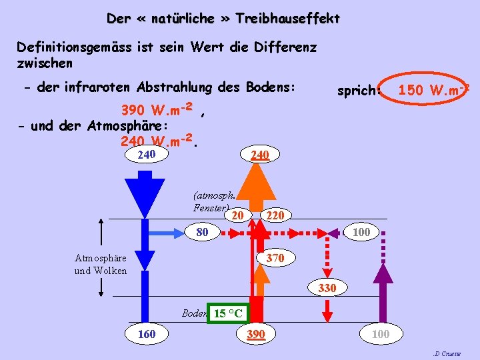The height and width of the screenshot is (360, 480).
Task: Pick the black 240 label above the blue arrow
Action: tap(147, 155)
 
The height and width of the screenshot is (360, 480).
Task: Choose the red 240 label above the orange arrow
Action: tap(259, 155)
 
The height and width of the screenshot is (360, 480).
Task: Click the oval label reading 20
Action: tap(238, 215)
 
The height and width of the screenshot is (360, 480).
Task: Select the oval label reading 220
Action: tap(275, 215)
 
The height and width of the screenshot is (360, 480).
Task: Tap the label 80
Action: tap(203, 233)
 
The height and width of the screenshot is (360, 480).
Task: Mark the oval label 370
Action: tap(275, 257)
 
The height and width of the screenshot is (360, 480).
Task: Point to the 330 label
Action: tap(327, 288)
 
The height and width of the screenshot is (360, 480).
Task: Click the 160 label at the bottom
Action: tap(147, 333)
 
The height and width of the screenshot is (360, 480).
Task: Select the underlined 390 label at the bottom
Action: tap(256, 333)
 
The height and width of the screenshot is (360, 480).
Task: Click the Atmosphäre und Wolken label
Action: tap(101, 264)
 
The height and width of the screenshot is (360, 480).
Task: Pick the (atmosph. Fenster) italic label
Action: tap(213, 202)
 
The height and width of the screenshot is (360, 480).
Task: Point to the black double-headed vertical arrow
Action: tap(101, 256)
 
